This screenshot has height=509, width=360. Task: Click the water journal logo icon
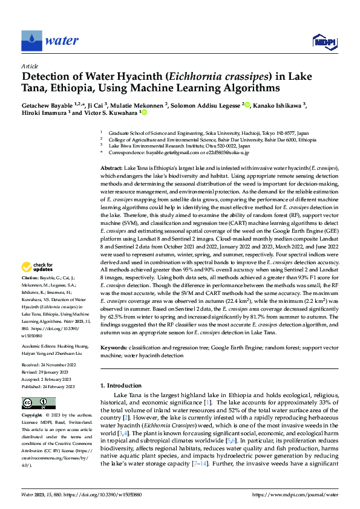pos(31,40)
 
